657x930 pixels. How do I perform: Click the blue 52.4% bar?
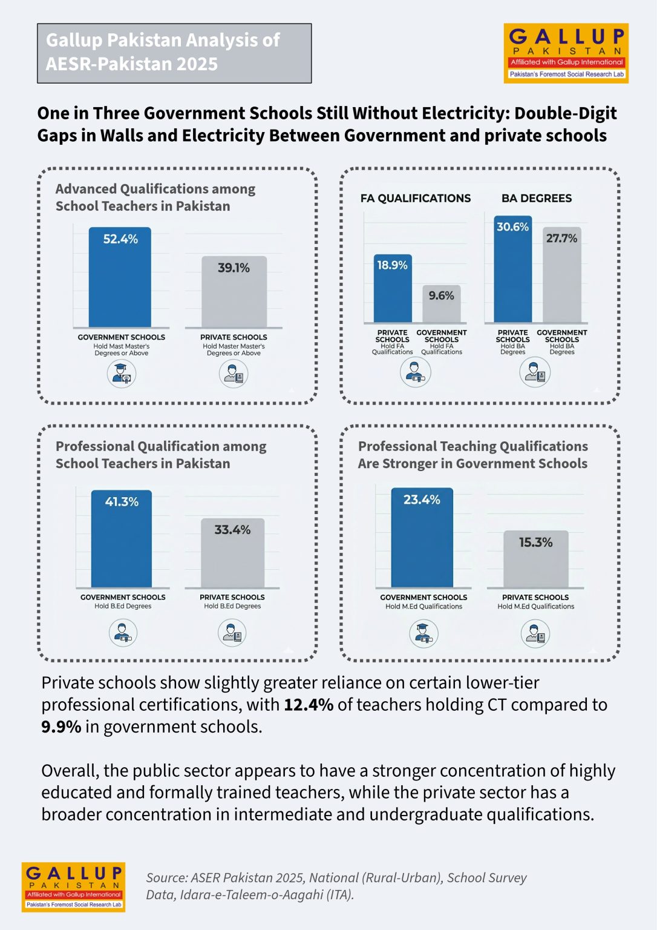pyautogui.click(x=120, y=277)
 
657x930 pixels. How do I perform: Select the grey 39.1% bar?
pyautogui.click(x=234, y=291)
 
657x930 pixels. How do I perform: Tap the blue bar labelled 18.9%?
pyautogui.click(x=393, y=288)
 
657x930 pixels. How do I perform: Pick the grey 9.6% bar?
pyautogui.click(x=441, y=303)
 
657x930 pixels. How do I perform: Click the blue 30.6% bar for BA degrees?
pyautogui.click(x=512, y=269)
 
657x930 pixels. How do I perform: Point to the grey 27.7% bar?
pyautogui.click(x=561, y=274)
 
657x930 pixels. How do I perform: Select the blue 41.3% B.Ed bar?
pyautogui.click(x=122, y=538)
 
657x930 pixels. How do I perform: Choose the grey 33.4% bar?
pyautogui.click(x=233, y=553)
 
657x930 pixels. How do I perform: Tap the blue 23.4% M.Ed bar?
pyautogui.click(x=422, y=537)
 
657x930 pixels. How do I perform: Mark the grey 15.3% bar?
pyautogui.click(x=536, y=559)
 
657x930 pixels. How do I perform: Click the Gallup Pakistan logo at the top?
pyautogui.click(x=566, y=53)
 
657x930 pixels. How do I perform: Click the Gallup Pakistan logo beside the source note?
pyautogui.click(x=73, y=887)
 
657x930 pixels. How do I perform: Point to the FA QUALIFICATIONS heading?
pyautogui.click(x=416, y=199)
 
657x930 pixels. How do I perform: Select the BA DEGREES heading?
pyautogui.click(x=536, y=199)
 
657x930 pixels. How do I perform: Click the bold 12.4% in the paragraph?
pyautogui.click(x=309, y=705)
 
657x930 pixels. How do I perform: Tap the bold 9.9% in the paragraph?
pyautogui.click(x=61, y=727)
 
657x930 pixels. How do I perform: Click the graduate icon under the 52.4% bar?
pyautogui.click(x=122, y=374)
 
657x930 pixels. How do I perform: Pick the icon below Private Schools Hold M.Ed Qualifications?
pyautogui.click(x=535, y=633)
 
